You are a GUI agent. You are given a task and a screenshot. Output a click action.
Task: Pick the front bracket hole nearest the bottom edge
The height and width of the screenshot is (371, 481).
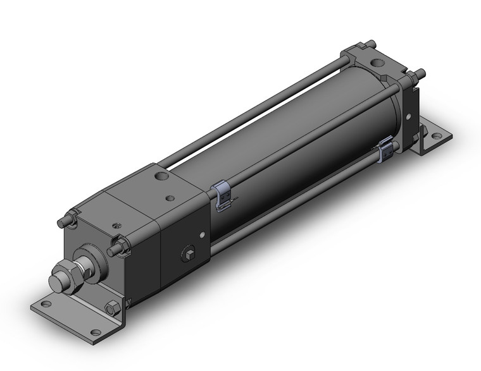click(95, 332)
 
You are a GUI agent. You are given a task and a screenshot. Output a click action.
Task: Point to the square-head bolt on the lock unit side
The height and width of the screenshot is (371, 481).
click(189, 257)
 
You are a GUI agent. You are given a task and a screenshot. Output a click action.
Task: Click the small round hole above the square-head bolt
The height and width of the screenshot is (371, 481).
click(202, 236)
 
